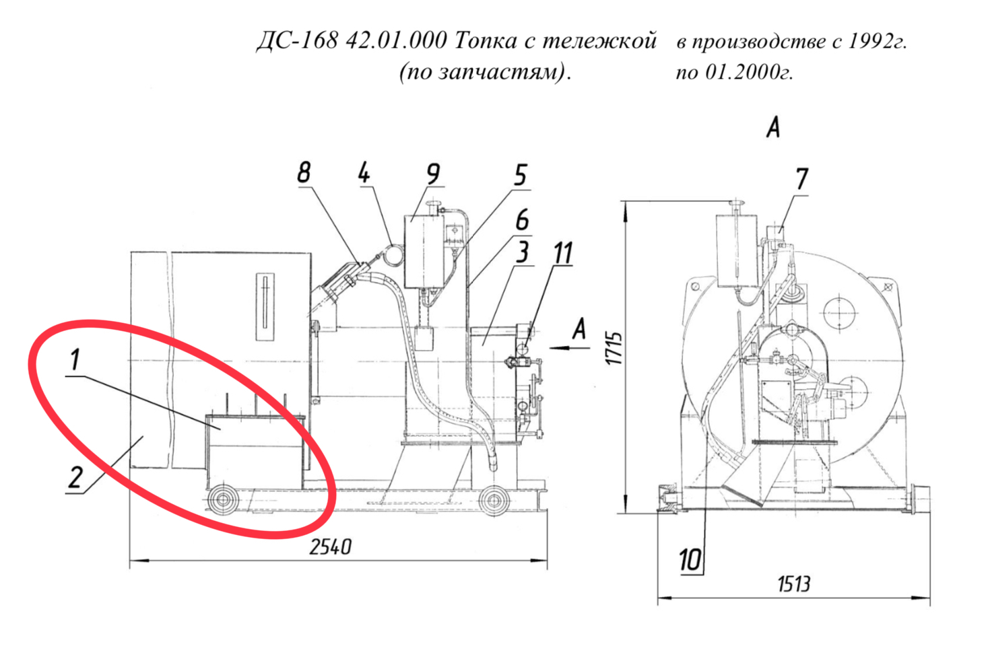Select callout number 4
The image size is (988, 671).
pyautogui.click(x=364, y=172)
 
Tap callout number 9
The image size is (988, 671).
pyautogui.click(x=433, y=174)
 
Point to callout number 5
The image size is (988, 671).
pyautogui.click(x=521, y=175)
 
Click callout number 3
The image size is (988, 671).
pyautogui.click(x=523, y=252)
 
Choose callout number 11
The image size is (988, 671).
pyautogui.click(x=563, y=253)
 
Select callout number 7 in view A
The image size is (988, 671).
pyautogui.click(x=801, y=179)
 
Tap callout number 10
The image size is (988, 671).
pyautogui.click(x=690, y=561)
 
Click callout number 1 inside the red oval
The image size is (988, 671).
pyautogui.click(x=75, y=359)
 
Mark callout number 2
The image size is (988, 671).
pyautogui.click(x=75, y=477)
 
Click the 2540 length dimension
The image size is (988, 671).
pyautogui.click(x=331, y=547)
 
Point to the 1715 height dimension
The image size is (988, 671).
pyautogui.click(x=614, y=348)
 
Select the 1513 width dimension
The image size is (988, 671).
pyautogui.click(x=794, y=584)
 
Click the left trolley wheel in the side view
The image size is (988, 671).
pyautogui.click(x=223, y=500)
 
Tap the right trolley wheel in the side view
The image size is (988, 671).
pyautogui.click(x=494, y=500)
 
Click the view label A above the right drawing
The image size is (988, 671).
pyautogui.click(x=772, y=128)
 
